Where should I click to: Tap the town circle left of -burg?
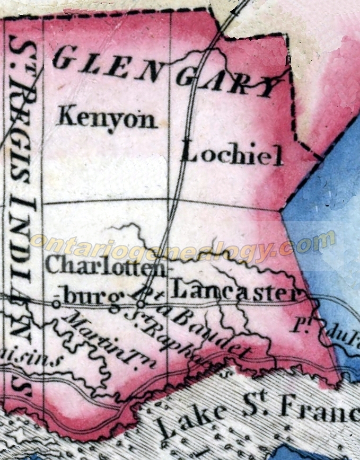tap(55, 304)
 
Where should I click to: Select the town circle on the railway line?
tap(140, 304)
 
